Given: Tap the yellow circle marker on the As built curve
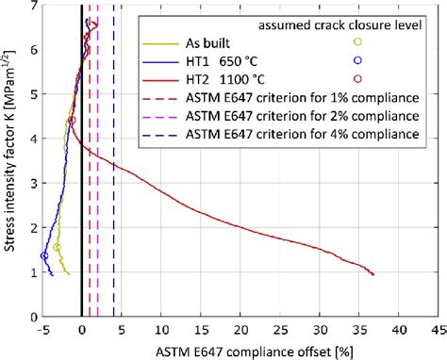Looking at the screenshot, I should [x=58, y=248].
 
